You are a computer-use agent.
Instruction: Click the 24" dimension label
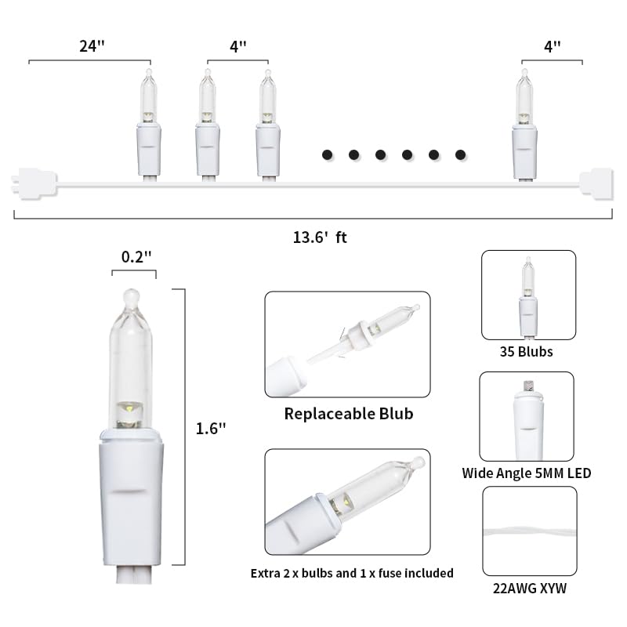(92, 46)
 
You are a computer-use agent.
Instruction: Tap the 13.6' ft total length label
(320, 237)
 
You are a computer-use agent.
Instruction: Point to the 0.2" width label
(136, 257)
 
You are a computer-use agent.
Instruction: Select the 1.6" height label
(211, 429)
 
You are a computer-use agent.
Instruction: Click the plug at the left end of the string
(34, 184)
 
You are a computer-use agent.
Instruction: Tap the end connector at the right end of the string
(596, 184)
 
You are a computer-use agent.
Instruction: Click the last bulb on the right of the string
(524, 125)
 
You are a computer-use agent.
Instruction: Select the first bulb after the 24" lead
(149, 125)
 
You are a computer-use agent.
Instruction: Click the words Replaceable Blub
(349, 414)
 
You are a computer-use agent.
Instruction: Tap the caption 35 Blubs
(526, 351)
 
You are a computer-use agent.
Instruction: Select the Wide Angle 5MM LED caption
(526, 473)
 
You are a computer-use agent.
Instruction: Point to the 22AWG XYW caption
(530, 589)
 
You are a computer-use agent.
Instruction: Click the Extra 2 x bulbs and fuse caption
(352, 574)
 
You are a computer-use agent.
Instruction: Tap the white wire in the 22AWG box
(530, 533)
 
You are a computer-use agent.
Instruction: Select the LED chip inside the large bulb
(130, 408)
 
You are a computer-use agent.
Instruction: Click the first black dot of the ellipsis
(327, 154)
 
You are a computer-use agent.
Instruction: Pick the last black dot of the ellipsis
(460, 154)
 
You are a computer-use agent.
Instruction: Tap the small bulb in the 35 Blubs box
(527, 297)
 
